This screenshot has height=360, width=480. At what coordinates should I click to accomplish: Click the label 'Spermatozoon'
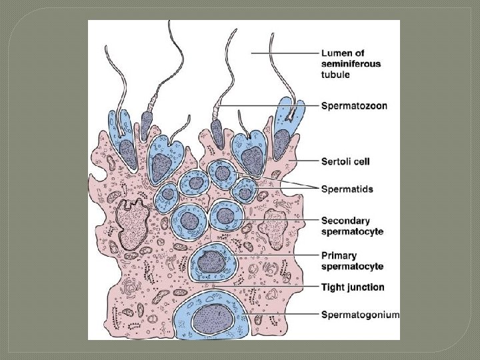point(355,105)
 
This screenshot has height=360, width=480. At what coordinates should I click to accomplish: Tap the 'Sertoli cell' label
point(345,161)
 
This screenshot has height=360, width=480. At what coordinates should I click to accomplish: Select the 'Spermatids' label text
point(347,189)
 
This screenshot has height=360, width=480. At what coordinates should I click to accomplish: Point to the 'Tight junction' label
point(353,287)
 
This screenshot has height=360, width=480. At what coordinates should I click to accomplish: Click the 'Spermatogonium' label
point(361,315)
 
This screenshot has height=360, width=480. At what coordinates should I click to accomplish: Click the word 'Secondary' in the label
point(345,221)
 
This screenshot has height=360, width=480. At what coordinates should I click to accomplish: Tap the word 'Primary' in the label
point(339,255)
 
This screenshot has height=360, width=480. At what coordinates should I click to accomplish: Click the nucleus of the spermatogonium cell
point(213,319)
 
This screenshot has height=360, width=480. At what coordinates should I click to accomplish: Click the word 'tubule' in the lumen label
point(337,75)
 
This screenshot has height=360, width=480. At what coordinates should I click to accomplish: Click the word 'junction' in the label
point(365,287)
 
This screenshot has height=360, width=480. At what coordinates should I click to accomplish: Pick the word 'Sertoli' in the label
point(337,161)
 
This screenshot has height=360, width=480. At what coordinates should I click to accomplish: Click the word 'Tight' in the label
point(333,287)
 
